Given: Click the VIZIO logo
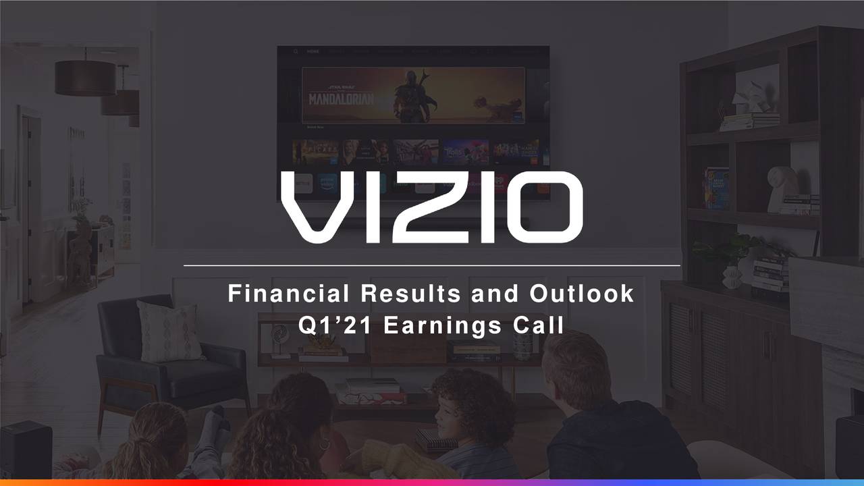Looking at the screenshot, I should tap(431, 207).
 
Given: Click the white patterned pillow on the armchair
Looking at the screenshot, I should tap(169, 330).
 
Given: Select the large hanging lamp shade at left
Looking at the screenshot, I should tap(85, 77).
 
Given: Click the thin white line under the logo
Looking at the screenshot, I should tap(431, 266).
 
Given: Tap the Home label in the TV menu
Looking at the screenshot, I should tap(313, 51).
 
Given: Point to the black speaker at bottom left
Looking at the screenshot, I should tap(26, 449).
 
